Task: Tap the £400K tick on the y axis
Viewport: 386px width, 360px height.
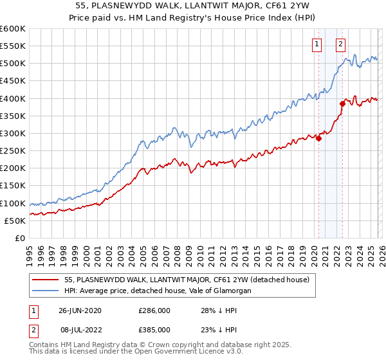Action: point(13,98)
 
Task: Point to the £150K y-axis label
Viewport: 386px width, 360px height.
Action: point(13,186)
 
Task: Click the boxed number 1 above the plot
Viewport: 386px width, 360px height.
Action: point(318,44)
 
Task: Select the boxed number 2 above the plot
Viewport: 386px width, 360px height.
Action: point(340,44)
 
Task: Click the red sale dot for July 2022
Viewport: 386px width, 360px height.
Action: point(342,104)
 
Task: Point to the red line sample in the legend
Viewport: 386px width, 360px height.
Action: point(46,280)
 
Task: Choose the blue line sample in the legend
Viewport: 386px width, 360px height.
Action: point(46,291)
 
